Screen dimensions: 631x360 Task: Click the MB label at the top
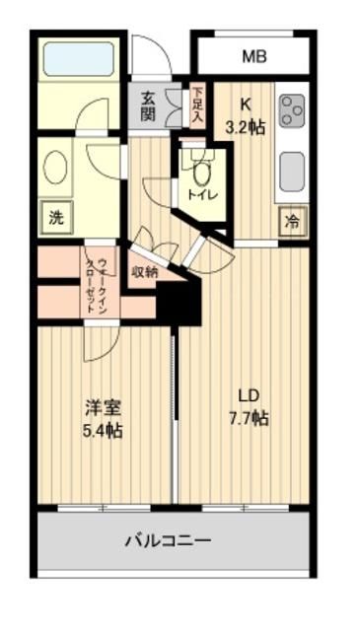(253, 56)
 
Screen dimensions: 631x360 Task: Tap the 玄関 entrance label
(148, 105)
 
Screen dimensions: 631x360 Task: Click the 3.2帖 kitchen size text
(246, 126)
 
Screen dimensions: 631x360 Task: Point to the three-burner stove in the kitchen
(292, 111)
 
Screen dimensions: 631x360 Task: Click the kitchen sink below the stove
(292, 171)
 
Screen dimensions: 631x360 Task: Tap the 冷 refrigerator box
(293, 222)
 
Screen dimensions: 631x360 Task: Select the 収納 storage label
(144, 272)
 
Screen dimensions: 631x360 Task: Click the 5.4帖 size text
(103, 431)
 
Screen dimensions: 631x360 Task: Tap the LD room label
(247, 395)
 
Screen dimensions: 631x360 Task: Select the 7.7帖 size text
(247, 418)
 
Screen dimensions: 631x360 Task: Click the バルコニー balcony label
(168, 540)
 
